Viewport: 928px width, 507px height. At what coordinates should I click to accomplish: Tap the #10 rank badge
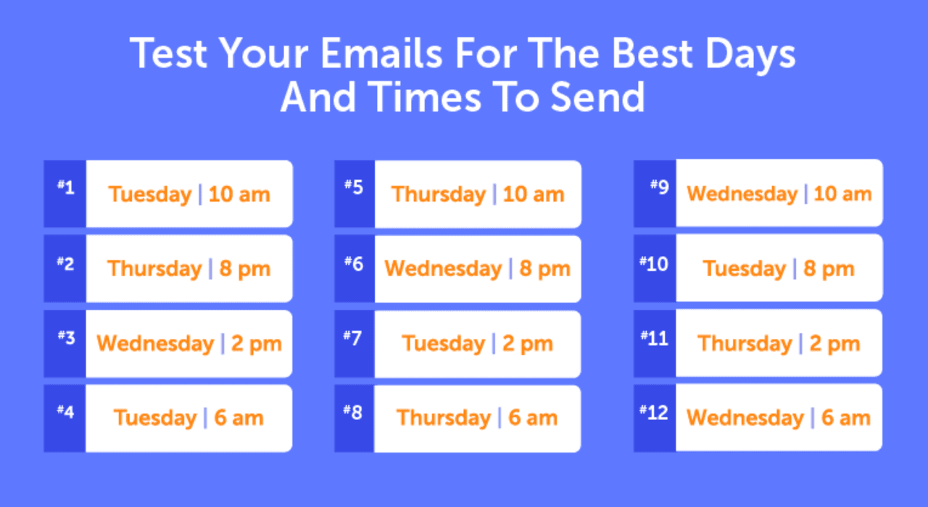coord(654,264)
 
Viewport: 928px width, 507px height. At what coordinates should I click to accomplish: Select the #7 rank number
coord(353,339)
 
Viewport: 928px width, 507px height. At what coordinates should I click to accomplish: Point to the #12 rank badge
coord(654,412)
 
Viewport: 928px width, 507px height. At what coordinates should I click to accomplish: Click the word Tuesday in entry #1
coord(150,194)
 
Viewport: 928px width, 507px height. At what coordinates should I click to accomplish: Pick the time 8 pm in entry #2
coord(244,269)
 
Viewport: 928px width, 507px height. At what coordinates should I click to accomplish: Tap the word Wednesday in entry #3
coord(155,343)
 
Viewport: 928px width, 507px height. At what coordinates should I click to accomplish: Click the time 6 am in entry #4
coord(239,418)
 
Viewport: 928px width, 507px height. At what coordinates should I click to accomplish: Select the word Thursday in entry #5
coord(439,194)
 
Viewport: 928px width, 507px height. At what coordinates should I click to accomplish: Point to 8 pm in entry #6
coord(544,269)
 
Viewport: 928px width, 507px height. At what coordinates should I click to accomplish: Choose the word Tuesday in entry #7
coord(444,343)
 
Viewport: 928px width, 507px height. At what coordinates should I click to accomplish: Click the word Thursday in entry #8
coord(444,418)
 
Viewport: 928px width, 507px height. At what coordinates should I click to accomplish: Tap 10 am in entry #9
coord(842,194)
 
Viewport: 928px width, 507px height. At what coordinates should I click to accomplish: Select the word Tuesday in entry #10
coord(745,269)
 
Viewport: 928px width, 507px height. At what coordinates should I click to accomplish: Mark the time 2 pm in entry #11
coord(834,343)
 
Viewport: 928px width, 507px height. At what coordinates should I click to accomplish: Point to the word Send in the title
coord(601,97)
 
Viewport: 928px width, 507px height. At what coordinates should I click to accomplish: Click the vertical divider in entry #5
coord(494,194)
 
